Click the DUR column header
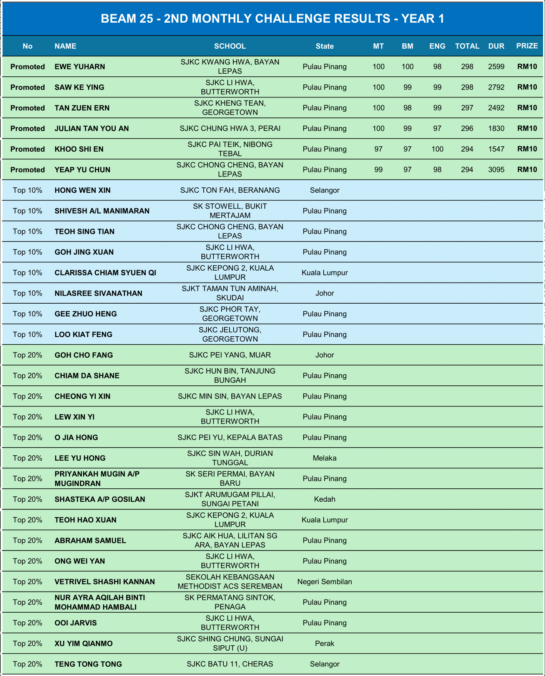point(496,46)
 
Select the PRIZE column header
point(527,46)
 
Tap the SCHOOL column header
point(230,46)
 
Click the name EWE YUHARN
point(80,66)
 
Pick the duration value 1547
point(496,149)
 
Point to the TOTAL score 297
point(467,108)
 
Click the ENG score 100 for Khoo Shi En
point(437,149)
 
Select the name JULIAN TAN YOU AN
point(91,129)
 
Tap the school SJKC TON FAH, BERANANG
point(230,190)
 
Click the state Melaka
point(324,458)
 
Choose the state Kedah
point(324,499)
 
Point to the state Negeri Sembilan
point(324,582)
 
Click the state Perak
point(324,643)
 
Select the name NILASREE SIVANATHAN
point(98,293)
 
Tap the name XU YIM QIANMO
point(83,643)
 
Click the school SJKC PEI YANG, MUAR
point(230,355)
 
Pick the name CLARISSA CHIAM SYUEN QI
point(105,273)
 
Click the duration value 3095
point(496,170)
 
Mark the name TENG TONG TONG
point(88,664)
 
